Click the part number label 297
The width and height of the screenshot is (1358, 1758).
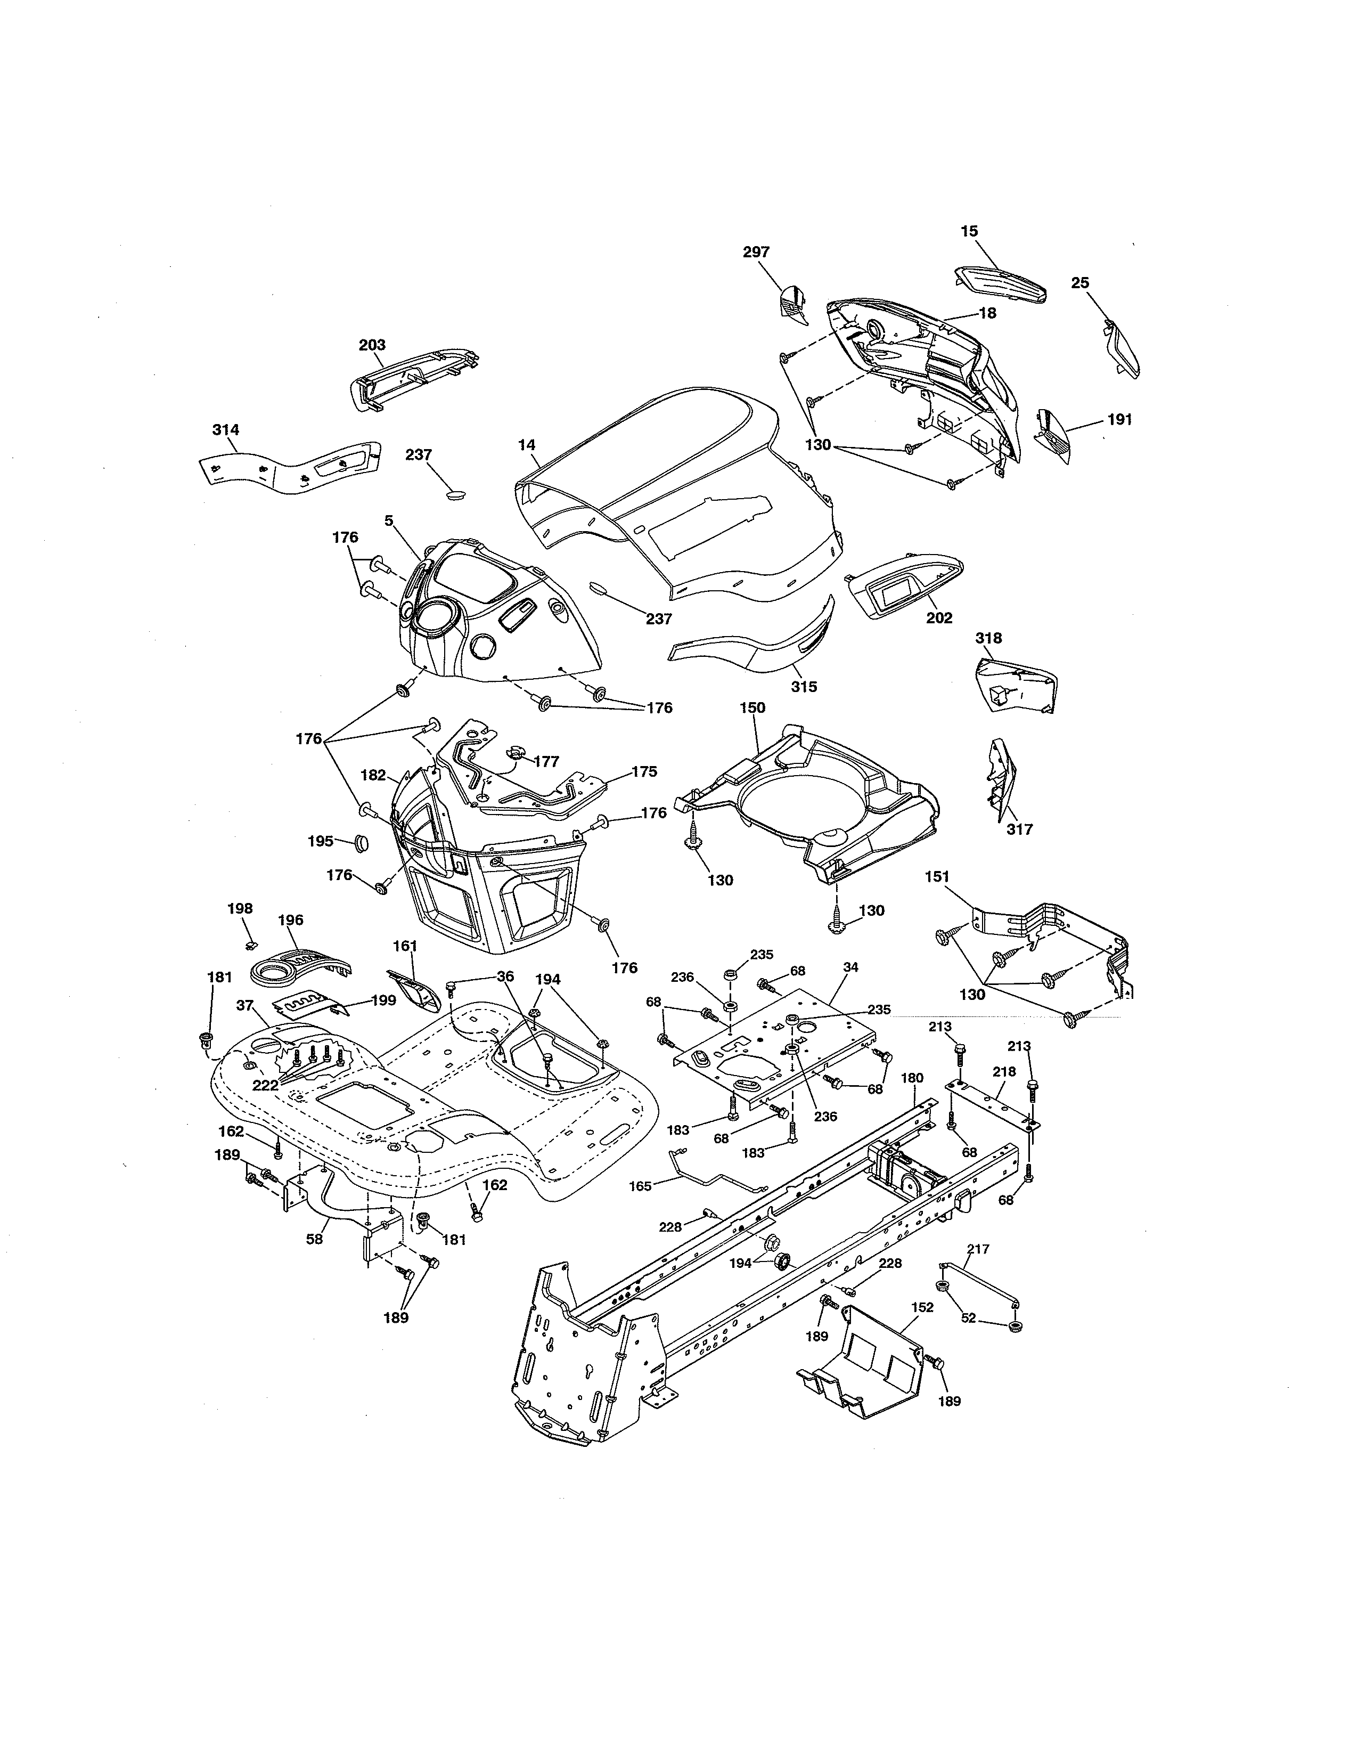pos(756,252)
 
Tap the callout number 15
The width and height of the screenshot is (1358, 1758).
pos(969,231)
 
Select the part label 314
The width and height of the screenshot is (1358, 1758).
pos(225,430)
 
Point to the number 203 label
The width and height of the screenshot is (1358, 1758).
pos(372,345)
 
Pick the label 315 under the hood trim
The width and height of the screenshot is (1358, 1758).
pos(804,687)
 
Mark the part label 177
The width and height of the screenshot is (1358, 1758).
pos(546,761)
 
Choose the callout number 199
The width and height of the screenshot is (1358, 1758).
pos(384,1000)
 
